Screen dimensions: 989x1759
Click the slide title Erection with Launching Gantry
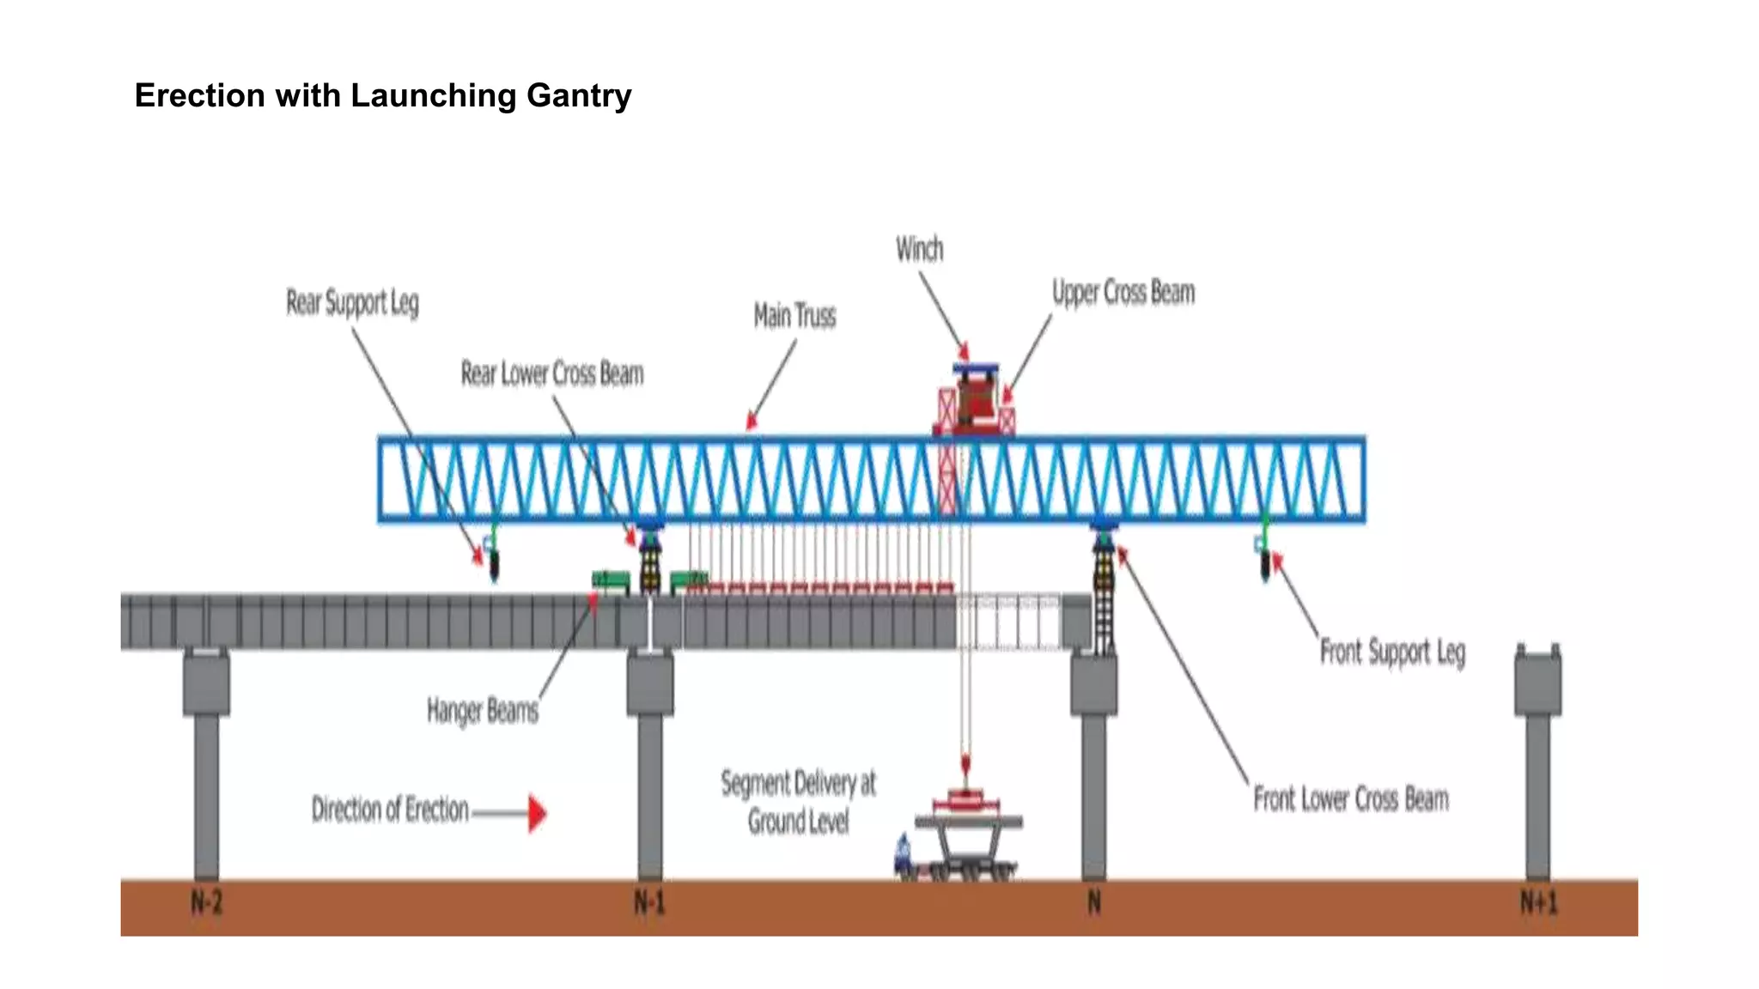pyautogui.click(x=383, y=95)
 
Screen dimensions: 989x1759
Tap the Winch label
pyautogui.click(x=919, y=249)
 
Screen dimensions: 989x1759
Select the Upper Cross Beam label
pyautogui.click(x=1123, y=293)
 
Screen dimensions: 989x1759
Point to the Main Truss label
pyautogui.click(x=794, y=316)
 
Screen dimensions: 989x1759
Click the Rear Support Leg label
pyautogui.click(x=352, y=303)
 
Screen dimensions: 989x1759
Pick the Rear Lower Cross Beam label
pyautogui.click(x=551, y=373)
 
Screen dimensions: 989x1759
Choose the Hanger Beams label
pyautogui.click(x=482, y=711)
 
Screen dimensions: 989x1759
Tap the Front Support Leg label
pyautogui.click(x=1391, y=652)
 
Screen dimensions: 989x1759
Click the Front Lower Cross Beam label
pyautogui.click(x=1350, y=799)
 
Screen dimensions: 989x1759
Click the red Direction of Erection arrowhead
pyautogui.click(x=537, y=813)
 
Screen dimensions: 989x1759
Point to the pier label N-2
pyautogui.click(x=206, y=902)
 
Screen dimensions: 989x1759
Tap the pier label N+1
pyautogui.click(x=1537, y=902)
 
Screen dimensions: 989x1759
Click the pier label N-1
pyautogui.click(x=649, y=902)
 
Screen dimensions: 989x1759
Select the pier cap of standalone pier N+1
pyautogui.click(x=1537, y=683)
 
